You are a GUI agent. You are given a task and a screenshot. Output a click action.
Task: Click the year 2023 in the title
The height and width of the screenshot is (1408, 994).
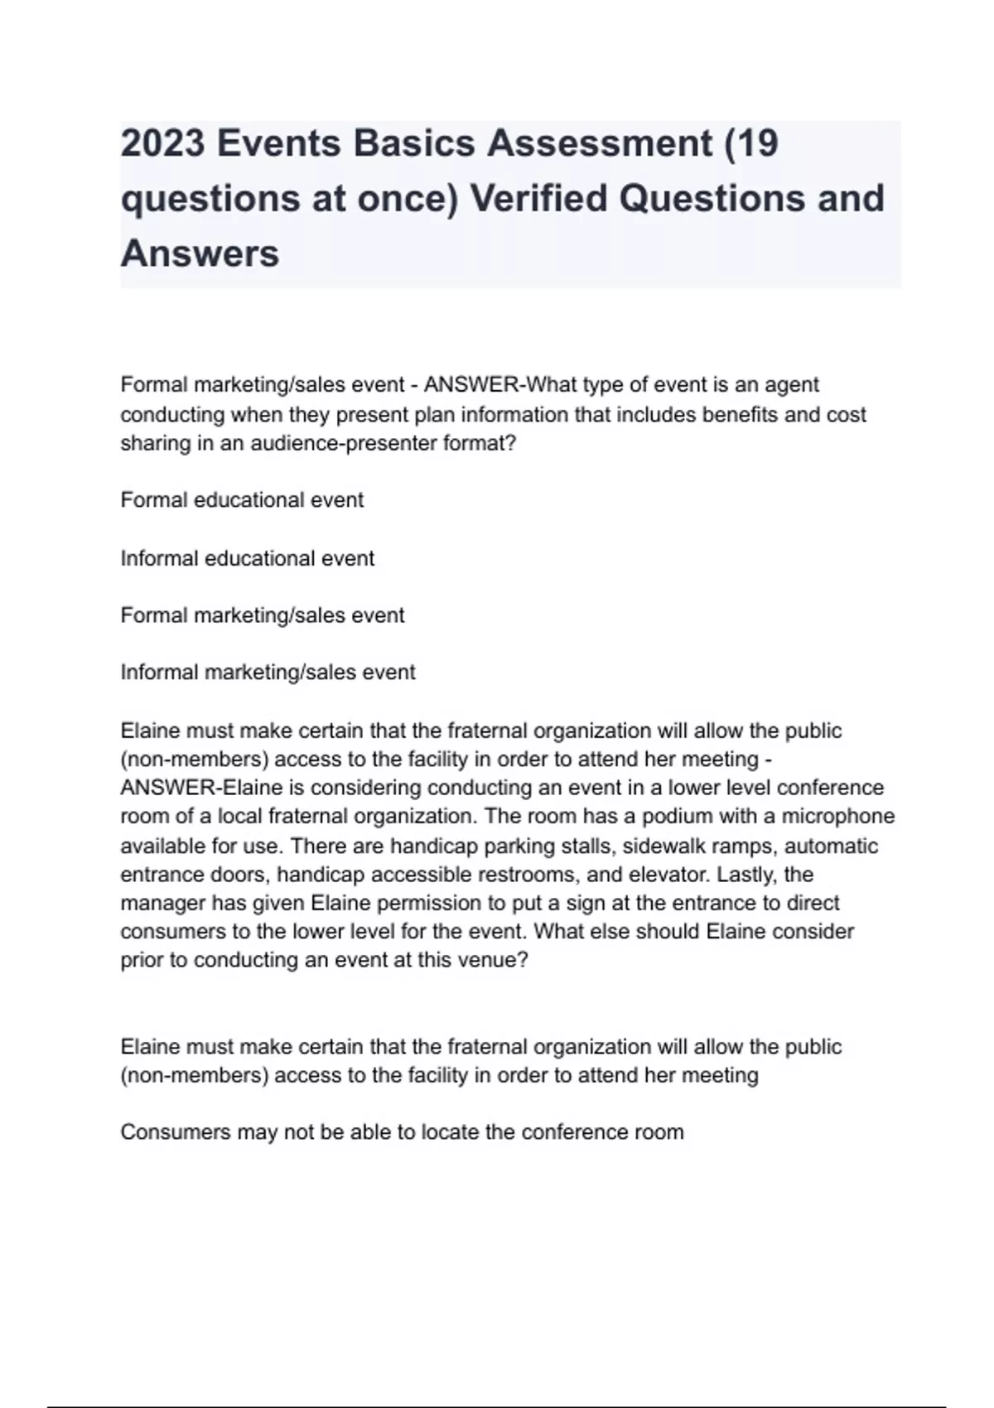click(x=162, y=143)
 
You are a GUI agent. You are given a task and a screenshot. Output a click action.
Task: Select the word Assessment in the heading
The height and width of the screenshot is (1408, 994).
click(x=599, y=143)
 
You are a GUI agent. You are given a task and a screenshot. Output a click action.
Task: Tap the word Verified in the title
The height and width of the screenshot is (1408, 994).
click(x=538, y=199)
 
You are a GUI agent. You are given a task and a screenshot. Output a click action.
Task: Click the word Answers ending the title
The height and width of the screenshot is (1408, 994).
click(x=200, y=253)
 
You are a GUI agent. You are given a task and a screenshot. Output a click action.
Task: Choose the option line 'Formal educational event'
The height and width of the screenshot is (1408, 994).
click(x=242, y=500)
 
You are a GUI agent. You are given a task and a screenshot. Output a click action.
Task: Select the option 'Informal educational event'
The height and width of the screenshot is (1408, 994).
click(x=247, y=558)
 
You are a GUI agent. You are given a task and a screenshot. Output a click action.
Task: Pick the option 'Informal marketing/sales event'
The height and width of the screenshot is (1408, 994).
click(x=268, y=672)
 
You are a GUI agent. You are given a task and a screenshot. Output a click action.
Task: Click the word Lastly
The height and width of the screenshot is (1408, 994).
click(x=747, y=875)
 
